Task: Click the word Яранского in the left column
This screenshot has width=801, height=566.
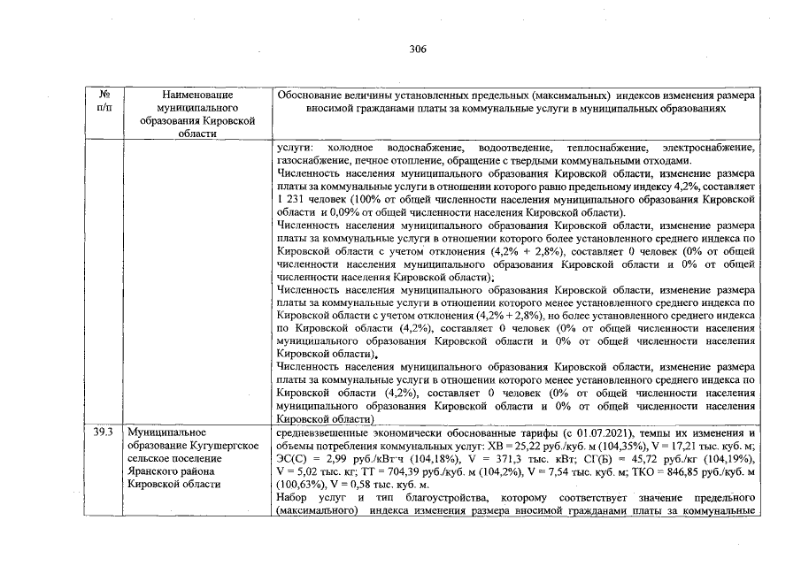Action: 153,471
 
